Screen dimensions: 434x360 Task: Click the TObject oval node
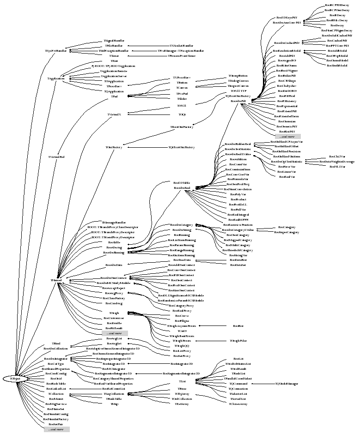15,379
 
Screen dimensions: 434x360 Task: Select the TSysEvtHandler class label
56,51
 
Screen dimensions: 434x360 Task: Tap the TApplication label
55,78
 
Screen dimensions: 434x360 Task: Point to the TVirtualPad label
56,157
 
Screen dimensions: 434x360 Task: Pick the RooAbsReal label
182,188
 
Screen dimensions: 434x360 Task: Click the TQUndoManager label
286,384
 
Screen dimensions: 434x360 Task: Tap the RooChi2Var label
337,157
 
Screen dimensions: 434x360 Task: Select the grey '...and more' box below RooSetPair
56,429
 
